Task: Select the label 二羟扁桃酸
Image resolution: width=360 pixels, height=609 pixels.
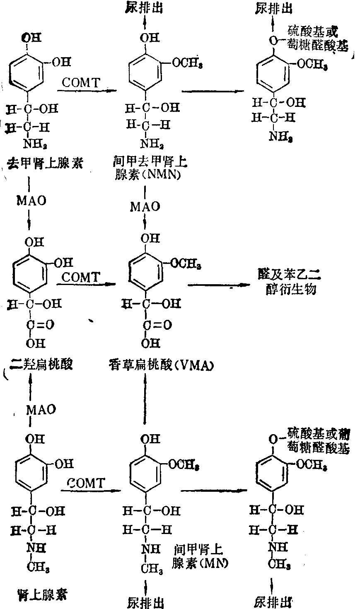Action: [41, 365]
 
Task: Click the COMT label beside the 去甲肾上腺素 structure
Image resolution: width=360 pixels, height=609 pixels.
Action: [82, 82]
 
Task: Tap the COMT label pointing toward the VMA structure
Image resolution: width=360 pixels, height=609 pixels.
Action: [82, 277]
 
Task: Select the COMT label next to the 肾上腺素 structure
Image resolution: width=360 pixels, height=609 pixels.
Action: [86, 483]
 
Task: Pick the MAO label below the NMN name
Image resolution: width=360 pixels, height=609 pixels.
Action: [145, 206]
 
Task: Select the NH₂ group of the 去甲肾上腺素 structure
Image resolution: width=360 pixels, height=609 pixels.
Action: [35, 144]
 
